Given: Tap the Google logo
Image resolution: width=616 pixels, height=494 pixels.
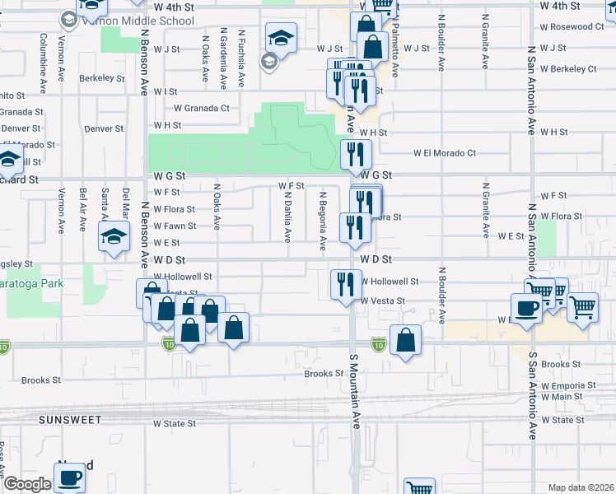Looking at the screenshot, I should [26, 484].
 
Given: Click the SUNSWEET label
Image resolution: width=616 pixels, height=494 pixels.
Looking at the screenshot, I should [69, 420].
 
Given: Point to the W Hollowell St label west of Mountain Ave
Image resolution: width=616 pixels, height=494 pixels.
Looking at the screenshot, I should [183, 277].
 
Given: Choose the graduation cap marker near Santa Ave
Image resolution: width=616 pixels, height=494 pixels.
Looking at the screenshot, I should [113, 237].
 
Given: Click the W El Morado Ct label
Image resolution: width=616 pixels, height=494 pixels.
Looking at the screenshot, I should [445, 153].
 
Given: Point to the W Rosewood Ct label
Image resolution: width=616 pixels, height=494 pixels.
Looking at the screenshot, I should [572, 27].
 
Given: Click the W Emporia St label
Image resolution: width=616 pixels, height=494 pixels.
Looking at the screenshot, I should [567, 385].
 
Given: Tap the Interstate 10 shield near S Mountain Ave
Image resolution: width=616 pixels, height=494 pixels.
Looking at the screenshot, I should [378, 343].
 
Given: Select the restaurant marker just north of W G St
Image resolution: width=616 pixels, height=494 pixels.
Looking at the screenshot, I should [356, 153].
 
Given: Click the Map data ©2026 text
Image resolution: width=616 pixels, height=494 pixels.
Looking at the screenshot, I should [580, 487].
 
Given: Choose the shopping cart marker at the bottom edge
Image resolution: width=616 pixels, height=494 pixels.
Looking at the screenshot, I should [420, 488].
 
